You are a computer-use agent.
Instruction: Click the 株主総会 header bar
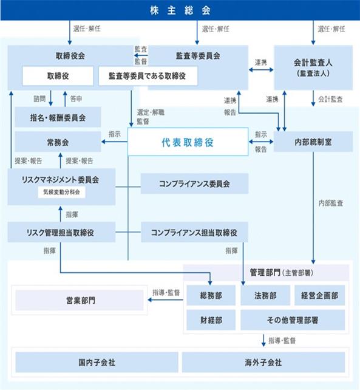pyautogui.click(x=180, y=10)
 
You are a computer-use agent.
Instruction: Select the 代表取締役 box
pyautogui.click(x=188, y=142)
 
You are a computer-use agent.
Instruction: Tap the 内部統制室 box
pyautogui.click(x=313, y=142)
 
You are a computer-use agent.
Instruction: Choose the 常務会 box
pyautogui.click(x=58, y=142)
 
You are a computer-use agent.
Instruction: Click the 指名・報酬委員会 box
pyautogui.click(x=58, y=117)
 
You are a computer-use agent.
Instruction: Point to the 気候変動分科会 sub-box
pyautogui.click(x=61, y=192)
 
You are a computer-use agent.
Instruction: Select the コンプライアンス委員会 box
pyautogui.click(x=194, y=183)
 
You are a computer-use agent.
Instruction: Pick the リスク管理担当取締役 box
pyautogui.click(x=61, y=232)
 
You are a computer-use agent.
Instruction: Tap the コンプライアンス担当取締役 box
pyautogui.click(x=194, y=232)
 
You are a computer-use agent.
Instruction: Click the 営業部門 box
pyautogui.click(x=80, y=300)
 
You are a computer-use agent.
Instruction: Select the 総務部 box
pyautogui.click(x=211, y=295)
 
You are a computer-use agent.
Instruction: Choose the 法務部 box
pyautogui.click(x=265, y=295)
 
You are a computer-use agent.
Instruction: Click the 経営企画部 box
pyautogui.click(x=319, y=295)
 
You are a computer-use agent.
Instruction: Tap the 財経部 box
pyautogui.click(x=211, y=320)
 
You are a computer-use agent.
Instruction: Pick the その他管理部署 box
pyautogui.click(x=293, y=320)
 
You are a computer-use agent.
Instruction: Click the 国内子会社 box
pyautogui.click(x=97, y=362)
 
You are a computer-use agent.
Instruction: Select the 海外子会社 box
pyautogui.click(x=263, y=362)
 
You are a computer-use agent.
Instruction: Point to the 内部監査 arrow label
pyautogui.click(x=331, y=204)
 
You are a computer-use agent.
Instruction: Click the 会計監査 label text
pyautogui.click(x=330, y=99)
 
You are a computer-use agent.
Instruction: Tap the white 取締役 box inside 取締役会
pyautogui.click(x=58, y=76)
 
